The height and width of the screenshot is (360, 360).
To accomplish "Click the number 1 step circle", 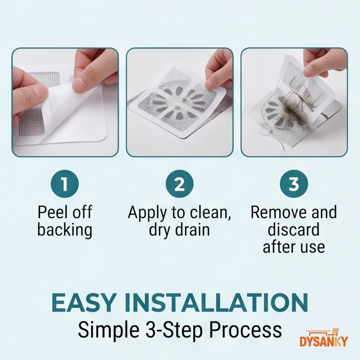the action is [65, 184].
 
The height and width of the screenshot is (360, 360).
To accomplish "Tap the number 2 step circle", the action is [180, 184].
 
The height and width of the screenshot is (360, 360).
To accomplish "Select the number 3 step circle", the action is [294, 184].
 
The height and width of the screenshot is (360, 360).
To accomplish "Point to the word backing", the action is [65, 229].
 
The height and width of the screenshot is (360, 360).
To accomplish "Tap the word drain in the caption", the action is [193, 229].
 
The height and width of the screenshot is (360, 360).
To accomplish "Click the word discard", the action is [294, 229].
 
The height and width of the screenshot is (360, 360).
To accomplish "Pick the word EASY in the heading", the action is [83, 302].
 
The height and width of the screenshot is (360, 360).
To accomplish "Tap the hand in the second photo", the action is [217, 70].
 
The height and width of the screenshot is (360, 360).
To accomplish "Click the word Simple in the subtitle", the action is [108, 331].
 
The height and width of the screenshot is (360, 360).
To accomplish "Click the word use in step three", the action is [314, 247].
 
